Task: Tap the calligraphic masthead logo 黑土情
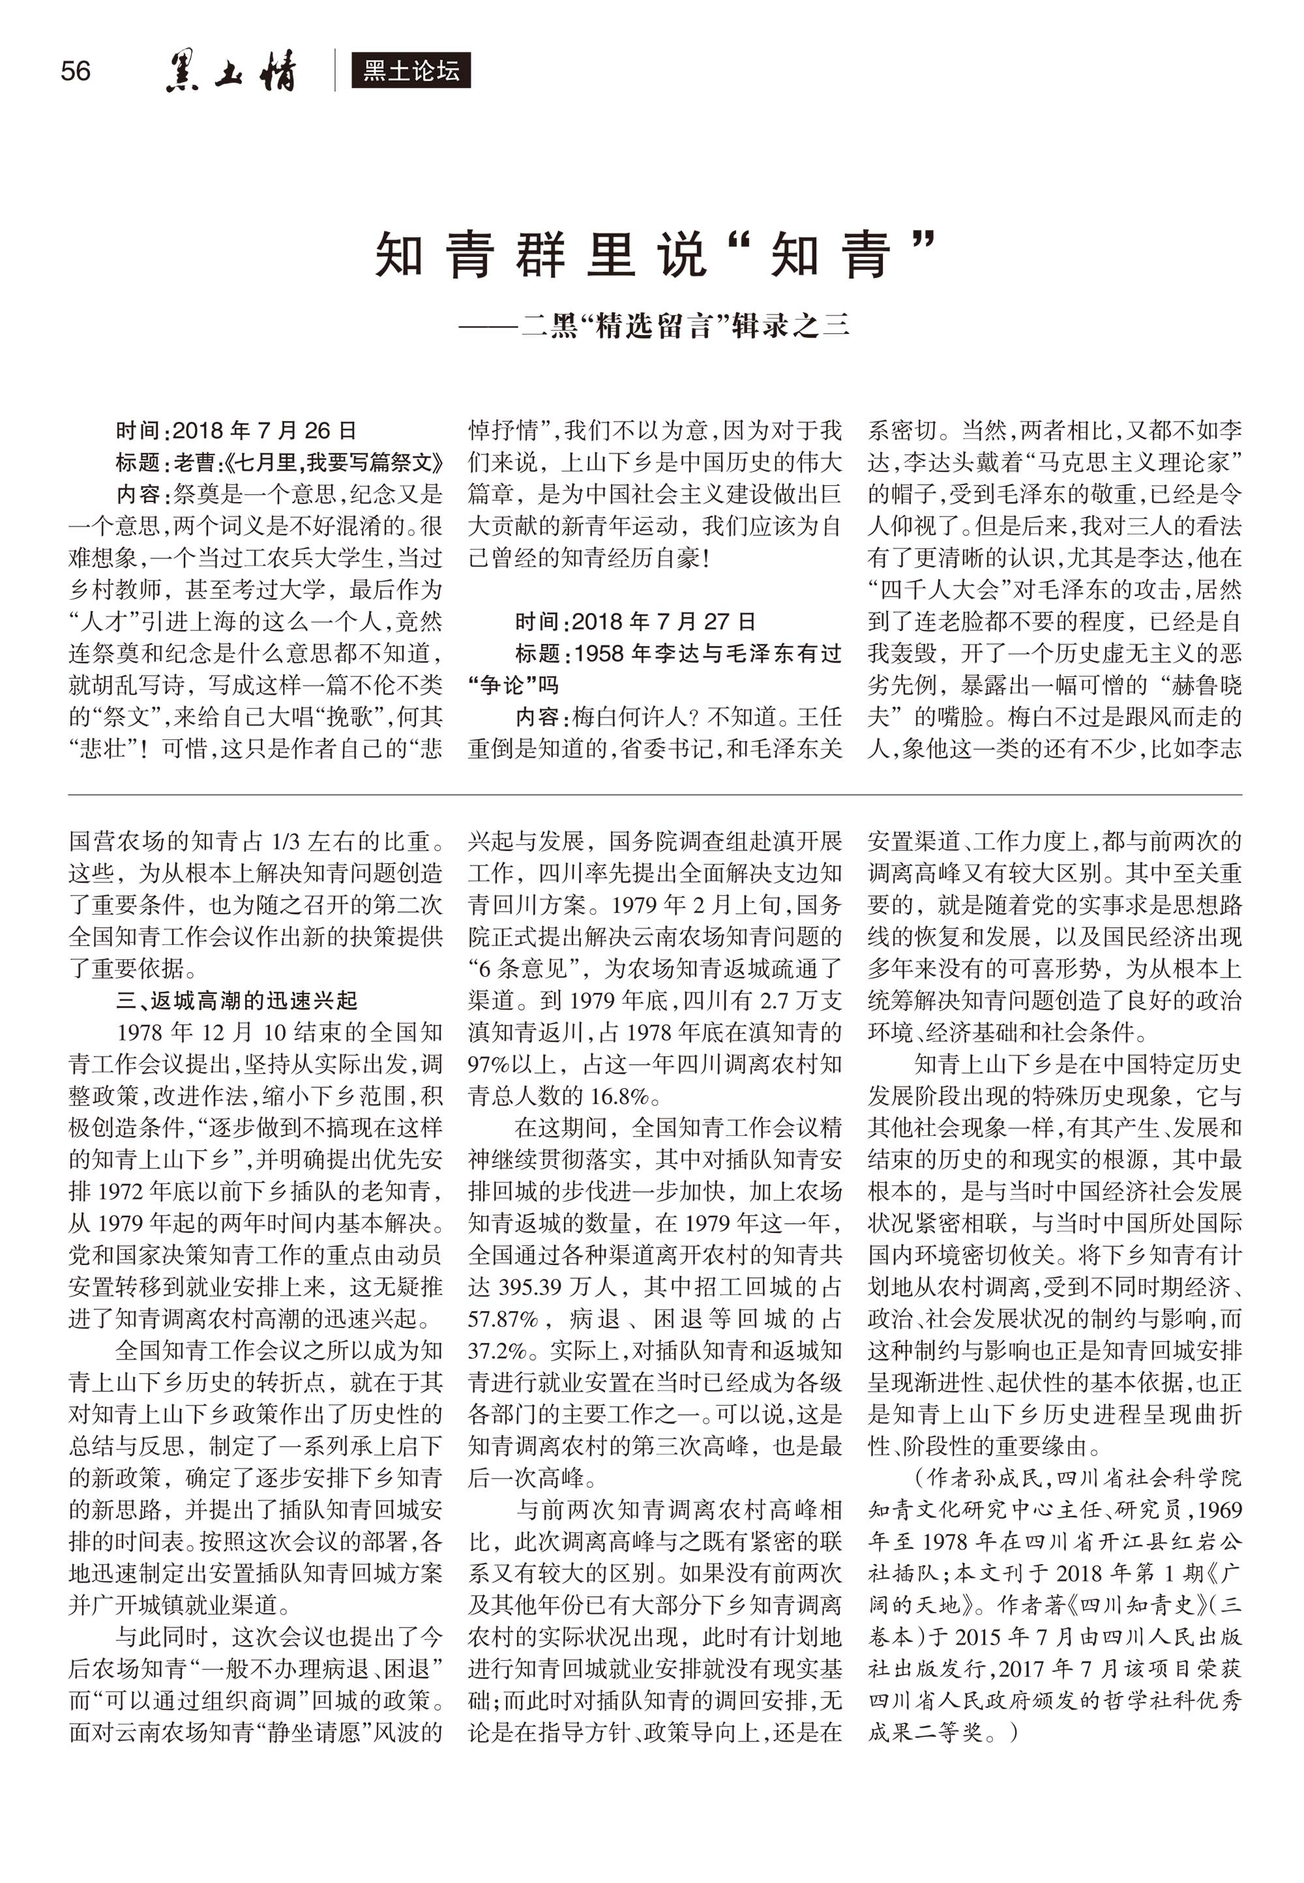tap(231, 72)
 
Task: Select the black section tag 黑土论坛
tap(410, 71)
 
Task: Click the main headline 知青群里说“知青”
tap(654, 255)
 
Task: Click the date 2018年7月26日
tap(265, 430)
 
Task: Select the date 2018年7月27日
tap(664, 621)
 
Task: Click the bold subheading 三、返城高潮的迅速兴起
tap(237, 1001)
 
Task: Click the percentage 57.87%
tap(503, 1319)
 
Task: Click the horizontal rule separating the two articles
tap(654, 794)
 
